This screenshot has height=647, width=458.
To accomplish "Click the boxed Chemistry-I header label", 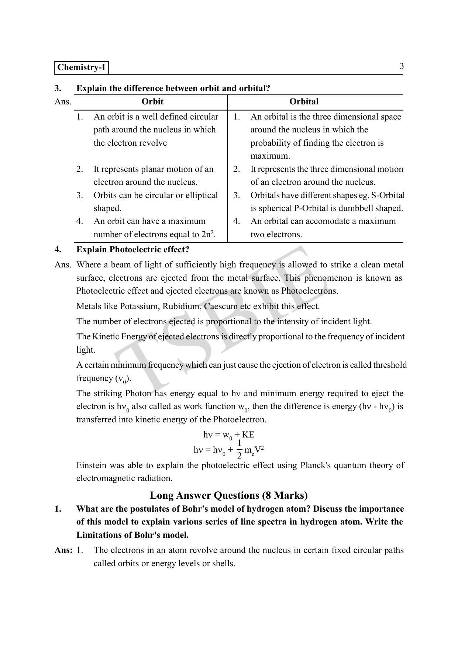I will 82,68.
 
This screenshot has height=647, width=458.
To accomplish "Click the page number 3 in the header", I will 402,66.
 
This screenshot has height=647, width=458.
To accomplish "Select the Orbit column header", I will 152,102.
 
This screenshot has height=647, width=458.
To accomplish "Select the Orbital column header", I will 304,102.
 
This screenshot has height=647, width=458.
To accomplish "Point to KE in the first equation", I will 248,435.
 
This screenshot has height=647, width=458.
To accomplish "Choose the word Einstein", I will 92,466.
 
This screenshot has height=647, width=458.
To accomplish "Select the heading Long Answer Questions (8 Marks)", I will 229,495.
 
